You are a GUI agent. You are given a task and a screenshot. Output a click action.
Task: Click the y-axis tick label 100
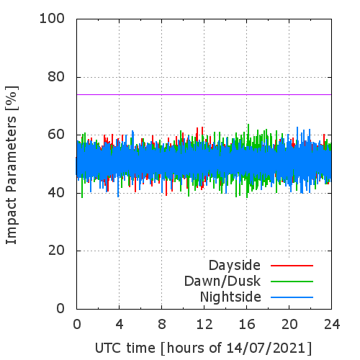[52, 19]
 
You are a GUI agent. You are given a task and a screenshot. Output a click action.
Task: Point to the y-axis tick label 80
[56, 77]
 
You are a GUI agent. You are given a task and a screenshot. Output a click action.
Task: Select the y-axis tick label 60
[56, 135]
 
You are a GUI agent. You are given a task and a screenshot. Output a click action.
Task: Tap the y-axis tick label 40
[56, 192]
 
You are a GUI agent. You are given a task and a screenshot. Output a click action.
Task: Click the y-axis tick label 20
[56, 251]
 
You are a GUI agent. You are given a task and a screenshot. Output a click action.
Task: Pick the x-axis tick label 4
[120, 324]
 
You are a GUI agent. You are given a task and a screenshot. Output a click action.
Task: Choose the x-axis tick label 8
[162, 324]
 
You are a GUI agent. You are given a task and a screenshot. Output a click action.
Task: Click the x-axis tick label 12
[204, 324]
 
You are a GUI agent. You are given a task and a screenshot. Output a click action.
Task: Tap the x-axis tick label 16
[247, 324]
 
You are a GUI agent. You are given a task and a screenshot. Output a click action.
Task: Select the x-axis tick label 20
[289, 324]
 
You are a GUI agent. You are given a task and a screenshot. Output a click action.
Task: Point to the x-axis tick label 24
[332, 324]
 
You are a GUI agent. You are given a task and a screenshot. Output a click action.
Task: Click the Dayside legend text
[235, 266]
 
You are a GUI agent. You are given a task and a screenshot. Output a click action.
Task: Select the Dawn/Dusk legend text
[222, 282]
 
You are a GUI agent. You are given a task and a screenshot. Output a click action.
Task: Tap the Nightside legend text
[230, 297]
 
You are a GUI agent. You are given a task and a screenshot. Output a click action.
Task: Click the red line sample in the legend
[292, 266]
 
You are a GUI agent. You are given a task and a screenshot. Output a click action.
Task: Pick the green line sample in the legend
[292, 282]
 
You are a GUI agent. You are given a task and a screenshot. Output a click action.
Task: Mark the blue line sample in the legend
[292, 297]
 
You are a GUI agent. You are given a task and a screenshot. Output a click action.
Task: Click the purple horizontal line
[204, 94]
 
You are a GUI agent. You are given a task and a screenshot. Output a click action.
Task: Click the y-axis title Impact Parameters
[11, 180]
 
